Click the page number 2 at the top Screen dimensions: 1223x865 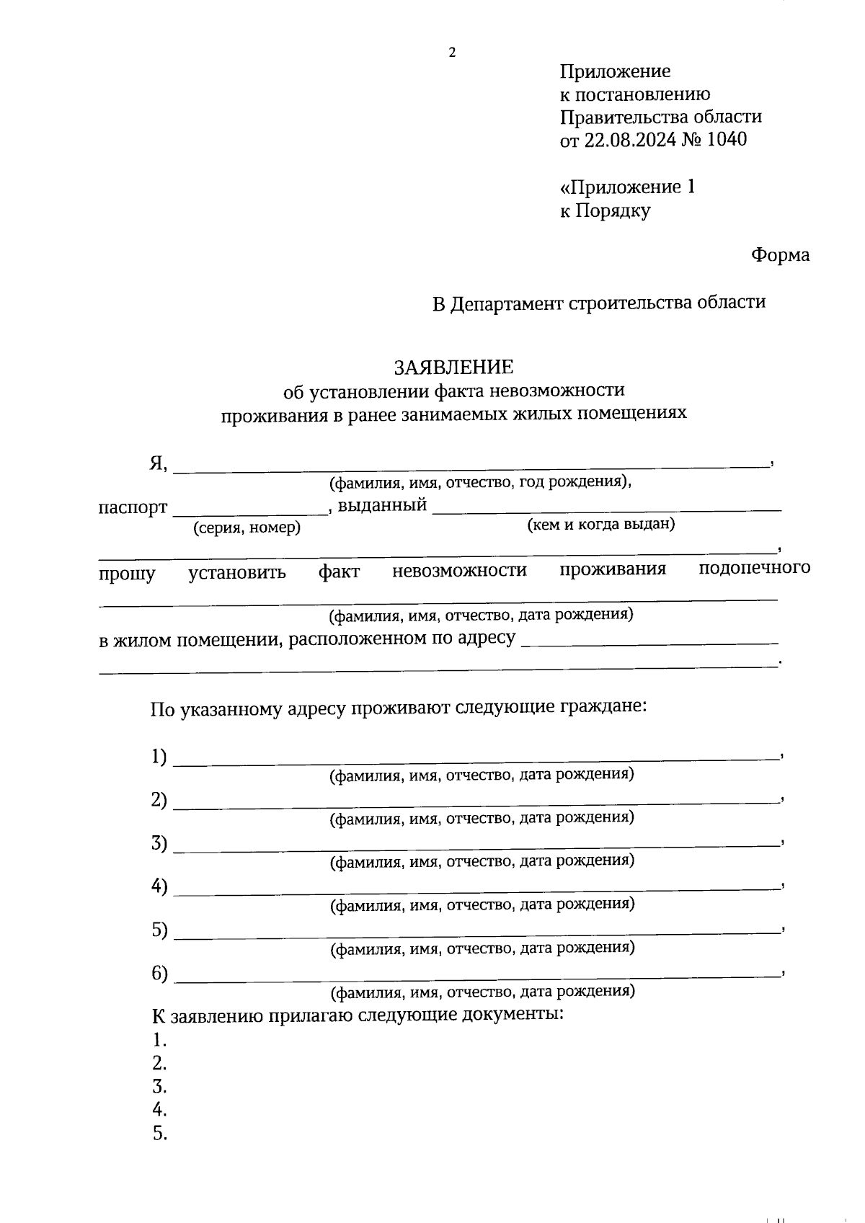coord(452,52)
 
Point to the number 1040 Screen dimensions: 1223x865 coord(727,140)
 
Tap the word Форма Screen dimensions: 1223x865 coord(780,255)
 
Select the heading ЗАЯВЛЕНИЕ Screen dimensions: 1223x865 coord(453,368)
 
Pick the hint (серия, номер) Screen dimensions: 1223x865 coord(247,528)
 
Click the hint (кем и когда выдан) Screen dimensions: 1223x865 coord(601,525)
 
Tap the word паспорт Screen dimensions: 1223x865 coord(133,507)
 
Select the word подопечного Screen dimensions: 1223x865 coord(754,568)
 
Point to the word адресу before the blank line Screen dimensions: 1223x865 coord(487,639)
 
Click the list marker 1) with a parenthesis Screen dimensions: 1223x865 coord(159,757)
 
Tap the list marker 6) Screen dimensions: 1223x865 coord(159,974)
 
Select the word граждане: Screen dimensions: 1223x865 coord(603,706)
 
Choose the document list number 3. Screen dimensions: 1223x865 coord(159,1087)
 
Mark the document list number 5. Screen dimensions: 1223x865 coord(159,1134)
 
